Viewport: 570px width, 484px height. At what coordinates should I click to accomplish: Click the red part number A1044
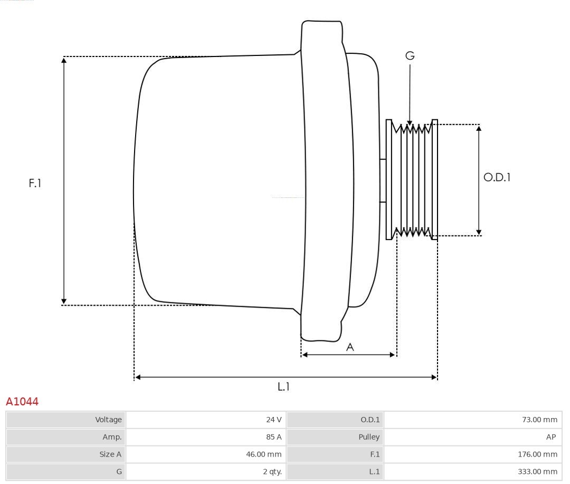tap(22, 402)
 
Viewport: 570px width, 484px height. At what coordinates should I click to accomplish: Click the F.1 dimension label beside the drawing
tap(35, 183)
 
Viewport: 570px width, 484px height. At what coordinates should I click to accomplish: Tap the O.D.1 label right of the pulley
tap(497, 177)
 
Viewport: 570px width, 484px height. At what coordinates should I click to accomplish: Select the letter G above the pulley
tap(410, 55)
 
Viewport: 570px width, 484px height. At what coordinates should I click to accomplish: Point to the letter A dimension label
tap(350, 347)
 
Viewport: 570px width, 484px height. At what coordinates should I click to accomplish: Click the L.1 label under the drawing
tap(283, 386)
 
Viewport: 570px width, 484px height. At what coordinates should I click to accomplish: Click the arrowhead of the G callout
tap(410, 122)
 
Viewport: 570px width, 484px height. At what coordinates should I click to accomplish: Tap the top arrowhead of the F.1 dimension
tap(64, 60)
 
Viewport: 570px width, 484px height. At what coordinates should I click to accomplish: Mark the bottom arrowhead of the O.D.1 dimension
tap(479, 232)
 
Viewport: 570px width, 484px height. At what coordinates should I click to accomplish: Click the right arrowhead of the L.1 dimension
tap(434, 377)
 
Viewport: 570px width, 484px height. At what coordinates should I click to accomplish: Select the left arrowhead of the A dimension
tap(305, 355)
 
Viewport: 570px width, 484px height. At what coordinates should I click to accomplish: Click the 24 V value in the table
tap(274, 420)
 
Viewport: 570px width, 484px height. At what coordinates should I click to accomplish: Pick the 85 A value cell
tap(274, 437)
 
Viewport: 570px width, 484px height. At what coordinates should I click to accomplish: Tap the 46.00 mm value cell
tap(263, 454)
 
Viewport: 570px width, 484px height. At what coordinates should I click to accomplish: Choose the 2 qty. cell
tap(272, 472)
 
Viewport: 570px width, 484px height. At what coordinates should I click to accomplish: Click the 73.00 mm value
tap(539, 420)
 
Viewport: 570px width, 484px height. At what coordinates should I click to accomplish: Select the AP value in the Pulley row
tap(550, 437)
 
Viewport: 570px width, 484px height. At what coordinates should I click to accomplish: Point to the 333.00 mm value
tap(537, 472)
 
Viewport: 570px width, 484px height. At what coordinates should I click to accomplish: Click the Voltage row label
tap(108, 420)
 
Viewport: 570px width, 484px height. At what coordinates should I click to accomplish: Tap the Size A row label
tap(110, 454)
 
